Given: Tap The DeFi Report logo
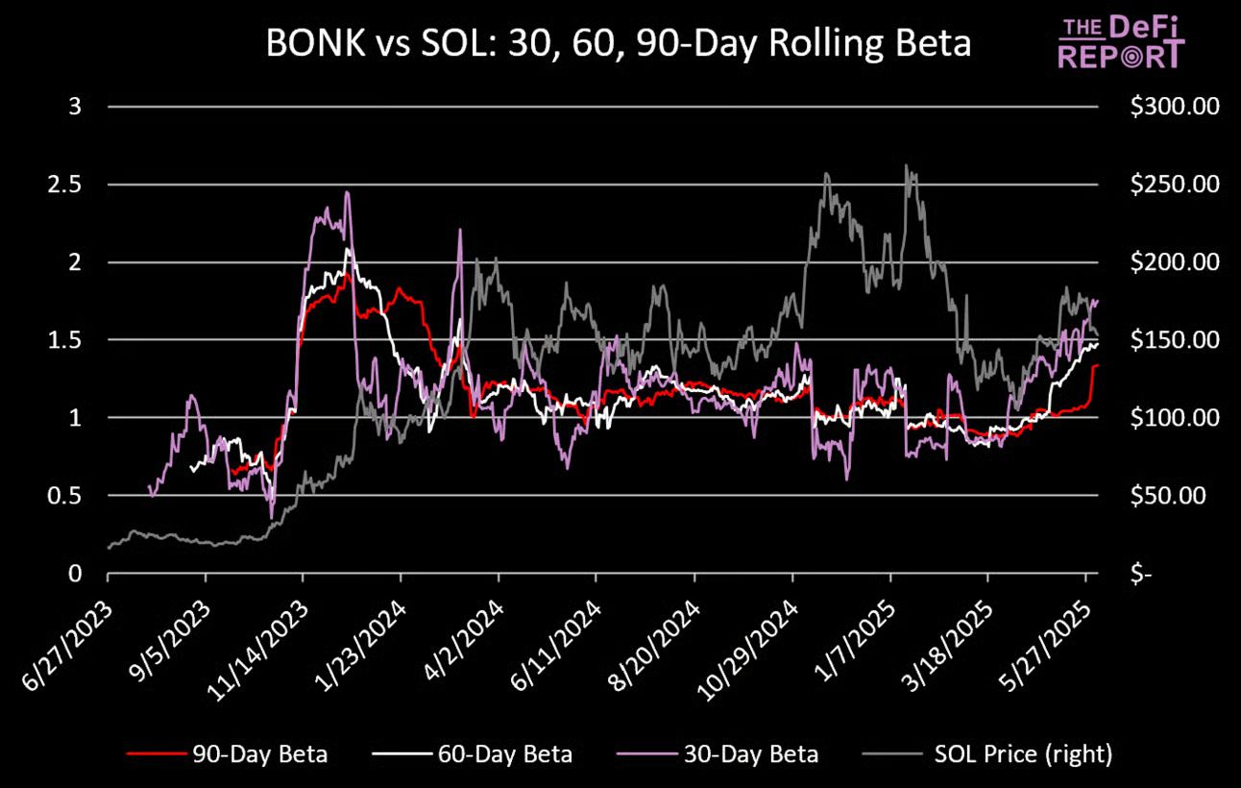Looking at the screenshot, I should [1121, 40].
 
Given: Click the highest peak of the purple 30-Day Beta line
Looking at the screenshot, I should [347, 192].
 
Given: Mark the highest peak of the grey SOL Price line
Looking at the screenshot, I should [906, 165].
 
